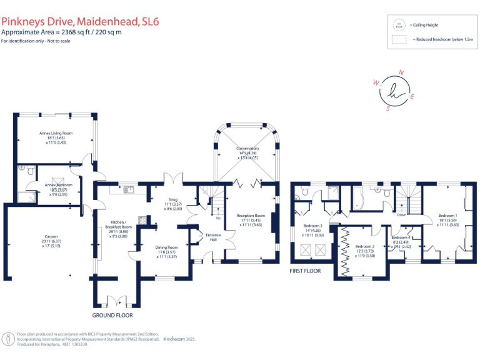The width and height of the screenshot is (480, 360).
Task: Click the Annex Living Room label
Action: [x=56, y=133]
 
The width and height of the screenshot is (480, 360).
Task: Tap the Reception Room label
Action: [x=251, y=215]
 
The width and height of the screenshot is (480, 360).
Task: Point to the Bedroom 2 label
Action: [x=364, y=246]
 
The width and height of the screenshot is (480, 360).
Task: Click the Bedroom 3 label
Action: [x=312, y=226]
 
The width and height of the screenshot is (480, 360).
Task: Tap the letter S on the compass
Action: [x=387, y=107]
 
